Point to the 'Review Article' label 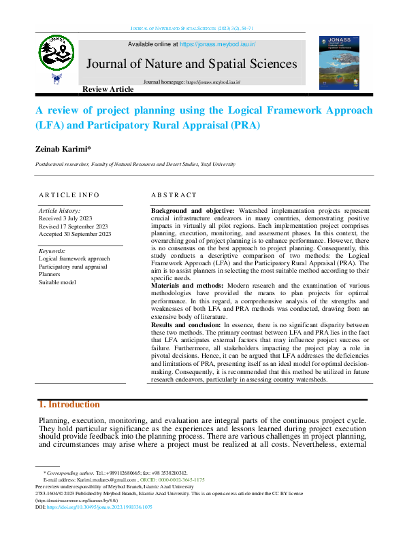108,90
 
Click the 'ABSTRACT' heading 174,195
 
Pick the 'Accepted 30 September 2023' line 75,233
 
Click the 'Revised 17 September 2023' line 74,226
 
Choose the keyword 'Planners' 51,274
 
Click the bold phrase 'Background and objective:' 193,212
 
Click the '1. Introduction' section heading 70,405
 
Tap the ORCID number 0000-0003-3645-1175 175,480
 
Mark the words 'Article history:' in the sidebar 59,211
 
